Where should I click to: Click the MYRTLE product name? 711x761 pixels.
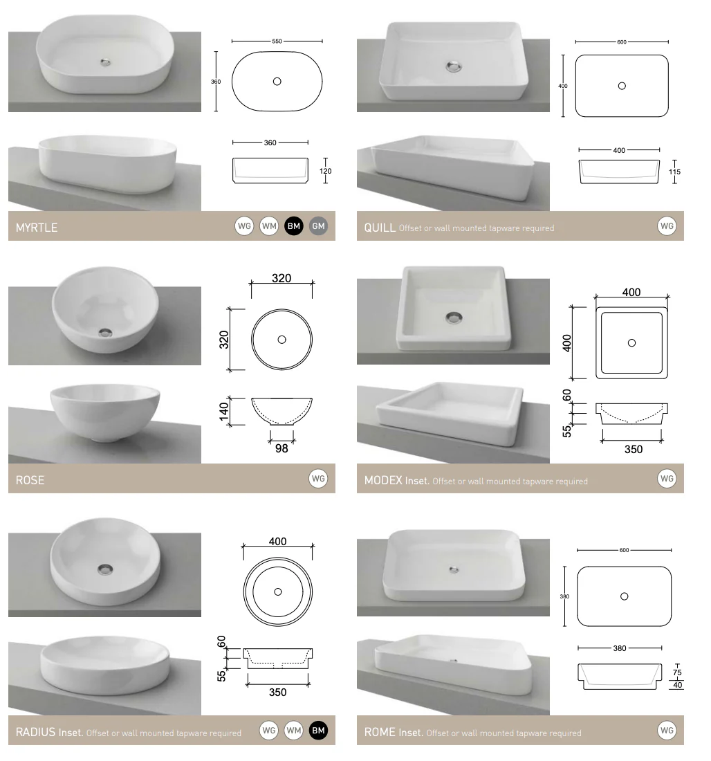[37, 228]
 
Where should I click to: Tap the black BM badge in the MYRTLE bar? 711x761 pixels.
[294, 226]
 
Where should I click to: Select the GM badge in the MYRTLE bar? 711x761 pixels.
[318, 226]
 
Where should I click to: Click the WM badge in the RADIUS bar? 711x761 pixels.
[294, 731]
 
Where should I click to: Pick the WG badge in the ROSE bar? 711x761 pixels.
[318, 479]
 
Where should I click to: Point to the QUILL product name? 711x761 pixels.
[380, 228]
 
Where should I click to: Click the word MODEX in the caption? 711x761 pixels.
[383, 481]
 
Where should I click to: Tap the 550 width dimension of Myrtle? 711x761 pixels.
[277, 42]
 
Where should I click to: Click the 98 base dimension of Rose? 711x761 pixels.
[281, 448]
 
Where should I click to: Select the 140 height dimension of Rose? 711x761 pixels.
[223, 412]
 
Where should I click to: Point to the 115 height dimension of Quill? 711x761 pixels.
[674, 172]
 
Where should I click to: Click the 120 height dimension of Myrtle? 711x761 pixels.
[325, 171]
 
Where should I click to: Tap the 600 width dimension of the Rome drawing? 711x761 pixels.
[624, 550]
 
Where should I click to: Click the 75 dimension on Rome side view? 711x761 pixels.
[677, 672]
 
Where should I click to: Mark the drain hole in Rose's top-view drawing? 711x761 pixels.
[281, 340]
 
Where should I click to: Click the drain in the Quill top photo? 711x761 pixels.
[454, 66]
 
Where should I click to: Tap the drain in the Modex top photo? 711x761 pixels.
[454, 318]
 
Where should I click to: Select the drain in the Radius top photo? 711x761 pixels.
[105, 569]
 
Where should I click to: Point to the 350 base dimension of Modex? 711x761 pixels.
[634, 450]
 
